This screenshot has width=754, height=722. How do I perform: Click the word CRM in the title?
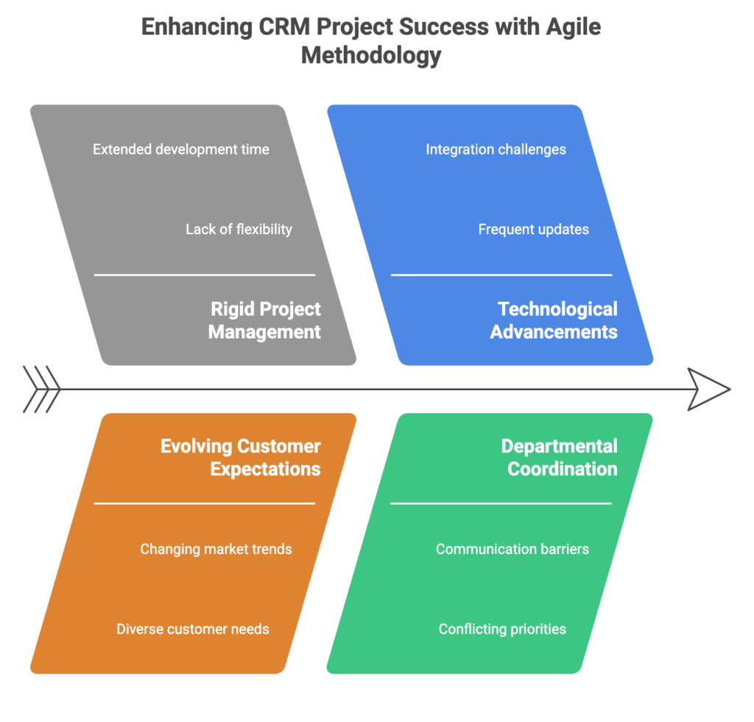coord(284,26)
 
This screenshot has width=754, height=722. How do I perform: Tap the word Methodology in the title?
coord(371,55)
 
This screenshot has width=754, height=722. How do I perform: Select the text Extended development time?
coord(181,149)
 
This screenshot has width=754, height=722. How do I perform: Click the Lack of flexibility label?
coord(239,230)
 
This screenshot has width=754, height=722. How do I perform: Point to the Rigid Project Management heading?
coord(264,320)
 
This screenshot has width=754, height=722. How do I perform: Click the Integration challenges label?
coord(496,149)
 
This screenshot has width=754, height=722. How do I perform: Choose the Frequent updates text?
coord(533,230)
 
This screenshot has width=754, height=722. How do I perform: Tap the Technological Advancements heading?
coord(554,320)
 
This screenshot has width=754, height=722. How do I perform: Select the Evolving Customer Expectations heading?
coord(241,457)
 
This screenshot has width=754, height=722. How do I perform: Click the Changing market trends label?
coord(216,549)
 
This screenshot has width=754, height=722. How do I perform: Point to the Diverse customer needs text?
coord(193,629)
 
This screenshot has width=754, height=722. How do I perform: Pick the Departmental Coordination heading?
coord(560,457)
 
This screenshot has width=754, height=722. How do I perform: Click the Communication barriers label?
coord(512,549)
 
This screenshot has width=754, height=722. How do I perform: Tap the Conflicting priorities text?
coord(502,629)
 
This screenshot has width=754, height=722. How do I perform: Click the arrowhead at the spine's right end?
coord(709,389)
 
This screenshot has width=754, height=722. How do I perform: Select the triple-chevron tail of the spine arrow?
coord(42,389)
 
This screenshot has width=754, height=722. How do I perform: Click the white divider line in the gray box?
coord(205,275)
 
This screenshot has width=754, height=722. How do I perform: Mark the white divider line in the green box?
coord(501,503)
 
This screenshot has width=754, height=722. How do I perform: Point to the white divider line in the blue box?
coord(501,275)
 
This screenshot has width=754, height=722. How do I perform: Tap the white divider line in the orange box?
coord(205,503)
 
